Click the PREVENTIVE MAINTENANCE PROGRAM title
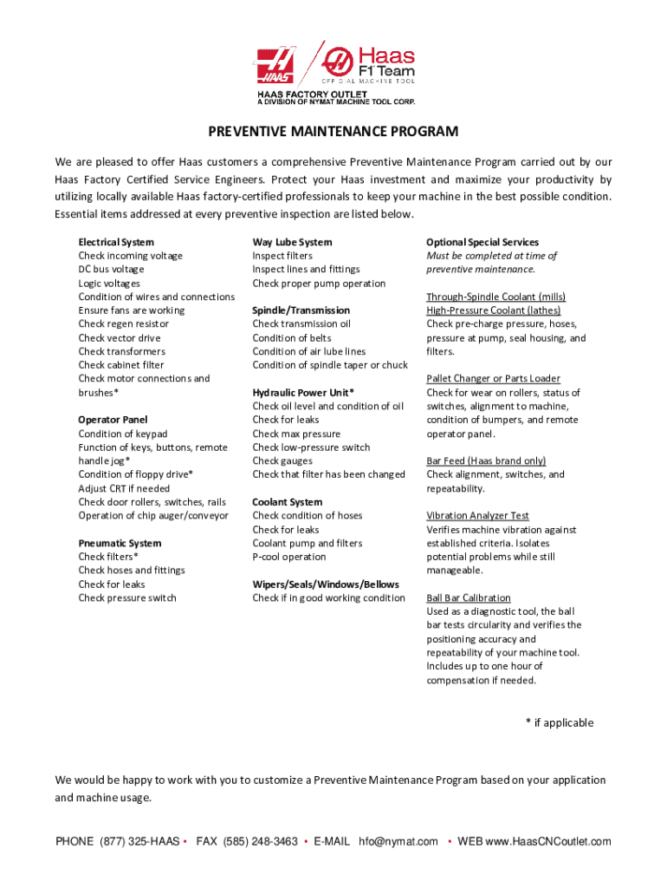pos(333,132)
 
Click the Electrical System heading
pos(116,242)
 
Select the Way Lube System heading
pos(292,242)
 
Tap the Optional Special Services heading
pos(482,242)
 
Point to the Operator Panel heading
pos(113,420)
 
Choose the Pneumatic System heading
pos(120,543)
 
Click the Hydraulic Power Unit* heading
pos(303,393)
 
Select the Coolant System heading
pos(287,502)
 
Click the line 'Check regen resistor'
pos(124,324)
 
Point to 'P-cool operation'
pos(289,557)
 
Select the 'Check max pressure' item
pos(296,434)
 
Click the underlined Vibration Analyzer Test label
pos(477,516)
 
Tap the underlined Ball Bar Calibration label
pos(469,598)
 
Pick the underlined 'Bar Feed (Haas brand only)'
pos(486,461)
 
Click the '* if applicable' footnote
pos(560,723)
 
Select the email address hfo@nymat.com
pos(398,841)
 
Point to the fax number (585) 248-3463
pos(260,841)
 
